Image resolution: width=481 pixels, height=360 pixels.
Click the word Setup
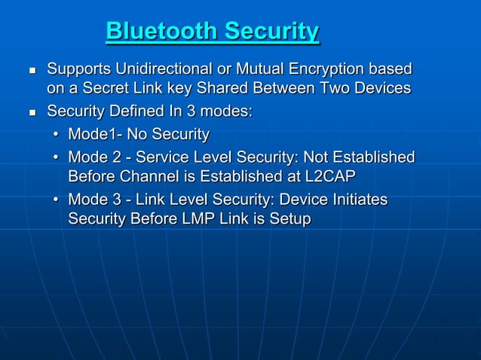[289, 218]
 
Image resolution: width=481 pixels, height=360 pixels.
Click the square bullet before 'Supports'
[32, 71]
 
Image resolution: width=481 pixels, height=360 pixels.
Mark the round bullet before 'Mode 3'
[57, 200]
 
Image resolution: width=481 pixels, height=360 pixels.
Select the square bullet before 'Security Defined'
[32, 113]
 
